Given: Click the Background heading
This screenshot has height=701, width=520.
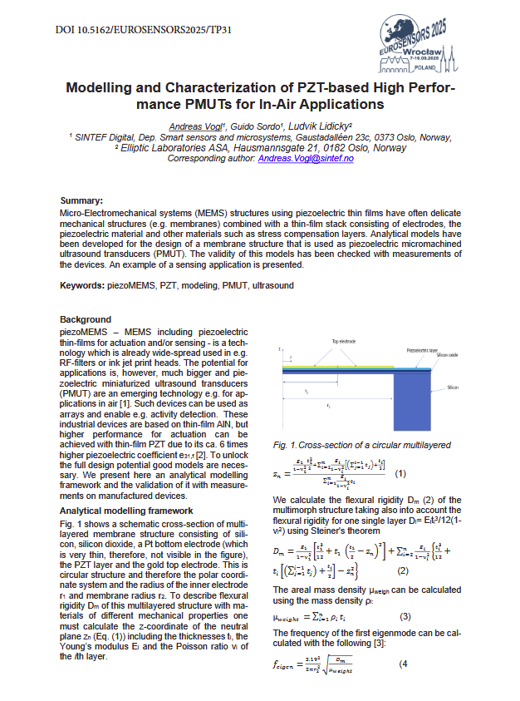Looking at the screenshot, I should coord(86,319).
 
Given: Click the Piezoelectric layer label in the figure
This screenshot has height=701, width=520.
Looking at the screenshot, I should coord(424,352).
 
